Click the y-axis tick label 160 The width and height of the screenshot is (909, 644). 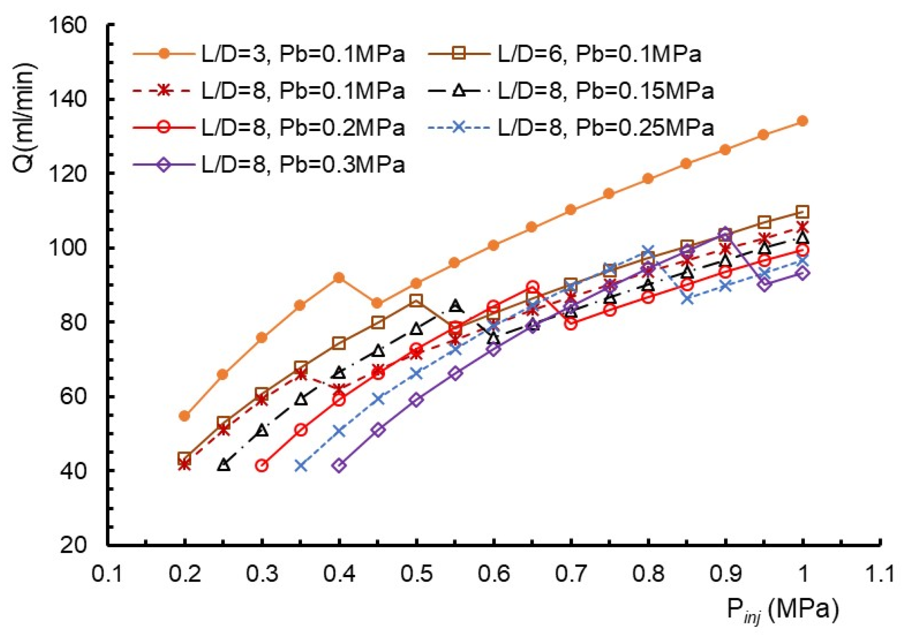point(67,25)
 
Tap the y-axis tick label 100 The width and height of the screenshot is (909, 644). point(67,248)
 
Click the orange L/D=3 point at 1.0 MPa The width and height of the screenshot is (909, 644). point(803,121)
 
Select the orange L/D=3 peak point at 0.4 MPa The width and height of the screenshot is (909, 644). point(339,278)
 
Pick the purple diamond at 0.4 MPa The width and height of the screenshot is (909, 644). point(339,466)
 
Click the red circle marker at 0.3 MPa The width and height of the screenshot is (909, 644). point(262,466)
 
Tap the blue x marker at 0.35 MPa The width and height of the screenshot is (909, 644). point(301,466)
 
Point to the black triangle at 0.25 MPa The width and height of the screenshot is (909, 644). point(223,465)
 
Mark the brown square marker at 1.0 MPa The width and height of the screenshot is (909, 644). point(803,212)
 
